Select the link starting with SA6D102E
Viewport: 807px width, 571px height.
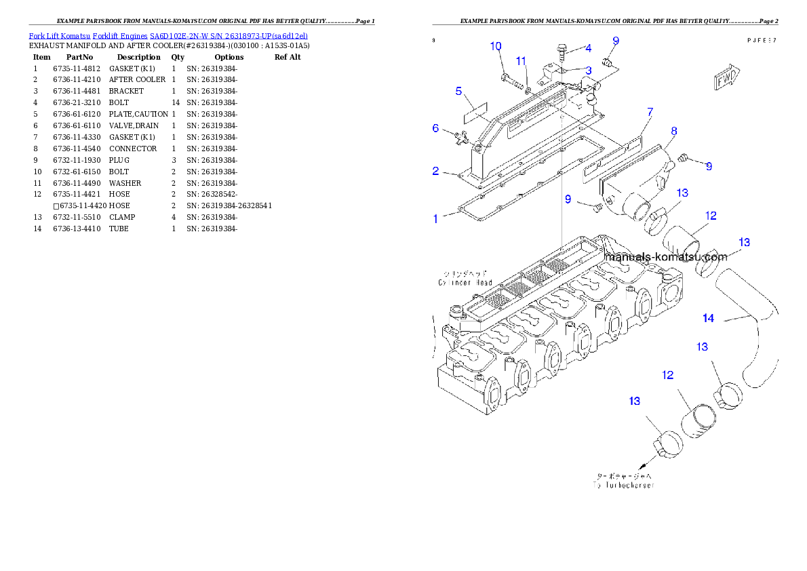pyautogui.click(x=229, y=35)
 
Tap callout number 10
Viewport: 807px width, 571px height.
pyautogui.click(x=496, y=46)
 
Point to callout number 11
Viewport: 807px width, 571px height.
pyautogui.click(x=521, y=61)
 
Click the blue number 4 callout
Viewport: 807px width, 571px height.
pyautogui.click(x=588, y=48)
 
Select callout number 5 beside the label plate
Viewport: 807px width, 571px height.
pyautogui.click(x=458, y=91)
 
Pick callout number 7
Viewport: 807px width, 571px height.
pyautogui.click(x=650, y=111)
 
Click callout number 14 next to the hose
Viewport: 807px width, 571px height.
pyautogui.click(x=708, y=317)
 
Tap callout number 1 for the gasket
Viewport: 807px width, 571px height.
pyautogui.click(x=435, y=218)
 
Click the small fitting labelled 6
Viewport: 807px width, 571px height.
pyautogui.click(x=462, y=138)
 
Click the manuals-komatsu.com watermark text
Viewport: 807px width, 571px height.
pyautogui.click(x=665, y=257)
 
